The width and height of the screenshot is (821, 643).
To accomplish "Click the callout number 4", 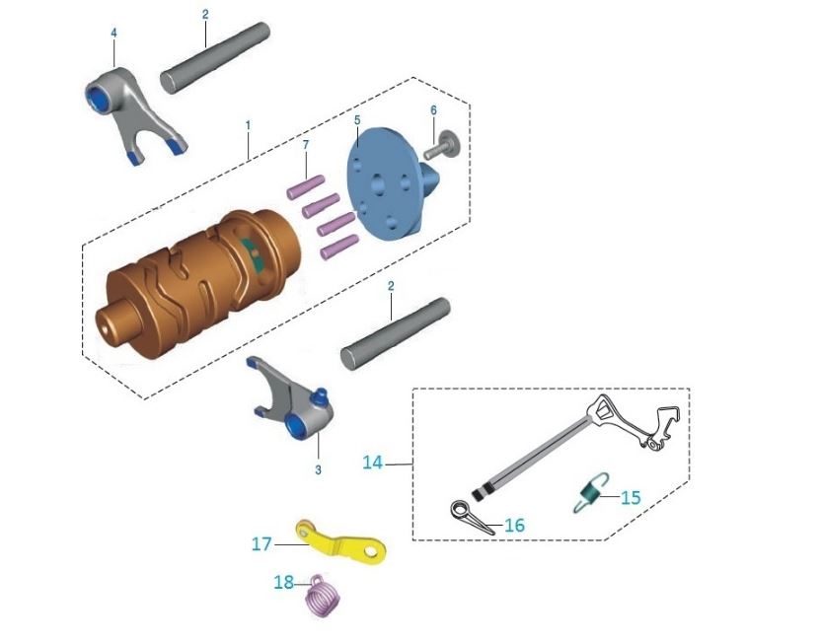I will pos(113,33).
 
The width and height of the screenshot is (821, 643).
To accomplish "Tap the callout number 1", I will pos(248,125).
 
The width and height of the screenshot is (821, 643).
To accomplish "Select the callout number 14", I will pos(372,461).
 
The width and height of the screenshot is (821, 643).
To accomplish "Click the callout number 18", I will pos(283,583).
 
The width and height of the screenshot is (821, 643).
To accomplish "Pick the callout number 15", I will pos(631,497).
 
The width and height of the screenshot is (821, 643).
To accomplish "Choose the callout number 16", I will pos(514,526).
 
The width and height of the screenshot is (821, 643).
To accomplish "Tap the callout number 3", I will pos(318,470).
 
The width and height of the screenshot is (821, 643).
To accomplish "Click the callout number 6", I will pos(432,109).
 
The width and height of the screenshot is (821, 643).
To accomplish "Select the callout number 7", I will pos(306,145).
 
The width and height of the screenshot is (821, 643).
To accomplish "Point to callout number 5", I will pos(357,119).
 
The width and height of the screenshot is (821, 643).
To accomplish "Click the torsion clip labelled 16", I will pos(468,516).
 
